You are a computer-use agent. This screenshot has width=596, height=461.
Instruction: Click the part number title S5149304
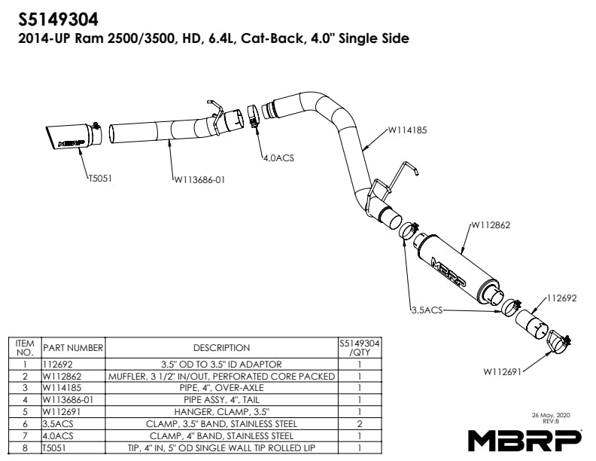[x=58, y=19]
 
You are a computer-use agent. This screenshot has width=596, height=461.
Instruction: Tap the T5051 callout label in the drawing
[x=100, y=179]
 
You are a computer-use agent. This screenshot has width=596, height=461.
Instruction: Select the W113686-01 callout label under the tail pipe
[x=199, y=179]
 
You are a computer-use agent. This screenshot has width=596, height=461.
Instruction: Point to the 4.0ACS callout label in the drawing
[x=278, y=158]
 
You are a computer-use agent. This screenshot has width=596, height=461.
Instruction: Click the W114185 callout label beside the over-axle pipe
[x=407, y=130]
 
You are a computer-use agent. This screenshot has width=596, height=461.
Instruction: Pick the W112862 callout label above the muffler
[x=491, y=225]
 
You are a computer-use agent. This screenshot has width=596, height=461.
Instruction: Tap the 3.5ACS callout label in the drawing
[x=427, y=310]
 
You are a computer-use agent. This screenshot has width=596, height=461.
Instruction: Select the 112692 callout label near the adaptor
[x=562, y=298]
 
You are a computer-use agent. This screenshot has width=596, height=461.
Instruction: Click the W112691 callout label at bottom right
[x=502, y=371]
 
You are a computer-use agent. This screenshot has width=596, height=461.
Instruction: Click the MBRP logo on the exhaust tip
[x=71, y=143]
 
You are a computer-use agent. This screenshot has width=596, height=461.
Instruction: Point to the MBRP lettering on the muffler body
[x=449, y=273]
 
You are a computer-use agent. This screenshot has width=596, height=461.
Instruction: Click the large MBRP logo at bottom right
[x=525, y=441]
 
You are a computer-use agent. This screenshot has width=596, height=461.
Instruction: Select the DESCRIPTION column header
[x=221, y=348]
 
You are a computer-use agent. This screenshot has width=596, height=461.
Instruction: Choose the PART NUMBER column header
[x=73, y=348]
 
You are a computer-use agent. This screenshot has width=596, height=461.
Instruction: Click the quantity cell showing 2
[x=360, y=424]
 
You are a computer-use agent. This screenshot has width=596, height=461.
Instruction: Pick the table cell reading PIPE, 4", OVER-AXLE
[x=221, y=388]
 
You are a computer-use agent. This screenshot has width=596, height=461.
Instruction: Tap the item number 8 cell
[x=25, y=447]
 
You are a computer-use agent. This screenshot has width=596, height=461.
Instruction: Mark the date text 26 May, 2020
[x=551, y=415]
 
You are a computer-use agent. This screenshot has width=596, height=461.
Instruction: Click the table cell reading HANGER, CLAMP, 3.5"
[x=221, y=412]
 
